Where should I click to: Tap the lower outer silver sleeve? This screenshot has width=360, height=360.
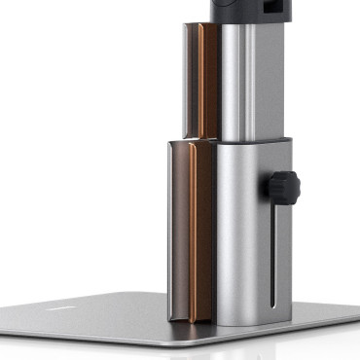[243, 234]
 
